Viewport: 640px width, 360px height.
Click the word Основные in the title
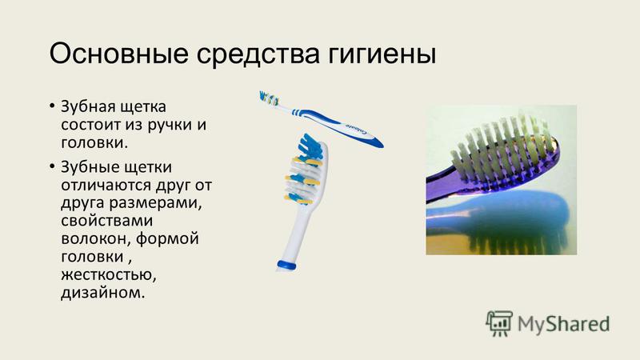118,53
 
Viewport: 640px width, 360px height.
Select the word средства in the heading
258,55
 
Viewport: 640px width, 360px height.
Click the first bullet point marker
52,106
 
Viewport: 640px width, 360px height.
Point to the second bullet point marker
52,166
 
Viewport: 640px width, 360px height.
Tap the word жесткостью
109,274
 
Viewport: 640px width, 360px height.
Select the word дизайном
103,292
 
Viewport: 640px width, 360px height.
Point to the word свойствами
107,221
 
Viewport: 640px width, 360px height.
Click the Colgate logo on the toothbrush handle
357,130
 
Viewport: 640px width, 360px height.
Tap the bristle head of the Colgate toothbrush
270,98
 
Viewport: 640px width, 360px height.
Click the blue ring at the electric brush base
287,265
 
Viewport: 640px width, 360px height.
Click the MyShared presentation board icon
499,323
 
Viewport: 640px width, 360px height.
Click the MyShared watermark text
564,324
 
